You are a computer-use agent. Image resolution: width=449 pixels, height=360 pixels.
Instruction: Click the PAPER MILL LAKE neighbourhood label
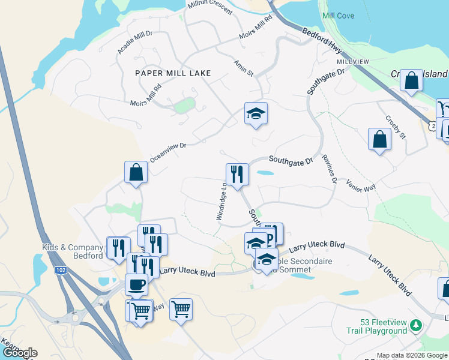click(x=173, y=73)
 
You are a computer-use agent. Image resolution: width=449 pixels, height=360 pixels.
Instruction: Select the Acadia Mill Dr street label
click(x=136, y=41)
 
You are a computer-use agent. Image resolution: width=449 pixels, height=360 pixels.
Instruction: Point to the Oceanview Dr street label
click(x=169, y=152)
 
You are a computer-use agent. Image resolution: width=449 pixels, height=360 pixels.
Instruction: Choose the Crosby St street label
click(x=396, y=127)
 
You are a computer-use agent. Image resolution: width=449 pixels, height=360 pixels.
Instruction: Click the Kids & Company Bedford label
click(x=73, y=252)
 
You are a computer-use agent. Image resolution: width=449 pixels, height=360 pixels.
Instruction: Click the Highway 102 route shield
click(x=60, y=271)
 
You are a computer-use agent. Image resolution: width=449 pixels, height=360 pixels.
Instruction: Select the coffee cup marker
click(x=136, y=284)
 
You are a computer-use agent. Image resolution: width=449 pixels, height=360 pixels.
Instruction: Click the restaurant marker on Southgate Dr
click(x=237, y=175)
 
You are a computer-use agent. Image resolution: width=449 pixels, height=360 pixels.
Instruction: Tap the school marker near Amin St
click(x=256, y=113)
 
